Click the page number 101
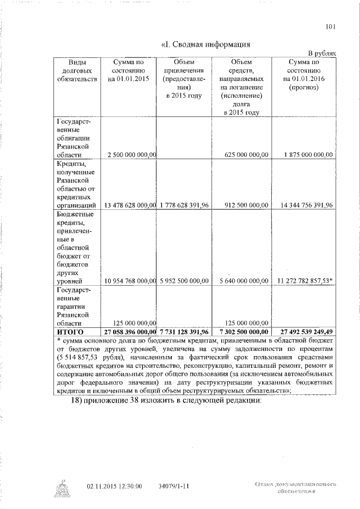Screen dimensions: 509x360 [x=331, y=25]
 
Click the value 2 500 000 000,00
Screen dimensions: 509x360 [x=131, y=154]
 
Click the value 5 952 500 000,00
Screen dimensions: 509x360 [x=184, y=280]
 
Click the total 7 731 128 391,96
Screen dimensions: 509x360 [x=184, y=331]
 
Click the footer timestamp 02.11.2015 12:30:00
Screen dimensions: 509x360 [x=114, y=485]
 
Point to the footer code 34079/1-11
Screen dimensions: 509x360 [x=173, y=485]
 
